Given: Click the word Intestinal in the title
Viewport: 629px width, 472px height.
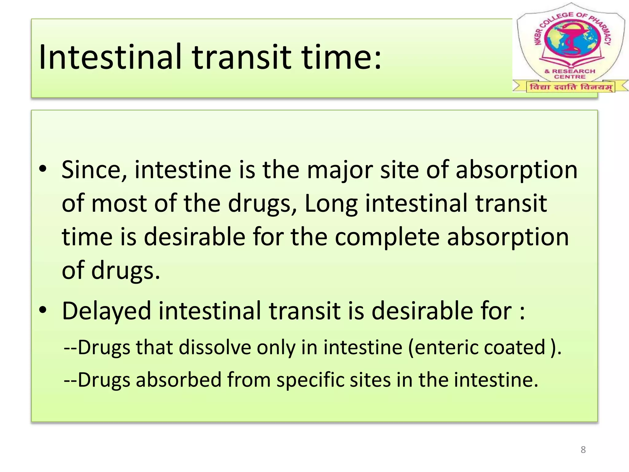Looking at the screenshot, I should [x=111, y=57].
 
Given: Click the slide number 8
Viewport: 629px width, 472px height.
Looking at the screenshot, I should [x=583, y=450].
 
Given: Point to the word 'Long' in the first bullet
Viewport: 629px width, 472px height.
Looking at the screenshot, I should [x=331, y=204].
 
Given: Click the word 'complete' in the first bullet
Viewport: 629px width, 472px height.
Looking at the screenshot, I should [x=387, y=238].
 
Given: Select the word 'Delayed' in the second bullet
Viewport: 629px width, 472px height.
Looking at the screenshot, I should [x=107, y=311].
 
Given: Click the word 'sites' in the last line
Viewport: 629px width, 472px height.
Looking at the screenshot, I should [x=370, y=380].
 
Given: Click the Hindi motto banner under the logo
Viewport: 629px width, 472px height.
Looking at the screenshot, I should [x=571, y=87].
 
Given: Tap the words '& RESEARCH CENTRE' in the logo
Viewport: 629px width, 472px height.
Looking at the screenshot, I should [x=570, y=74].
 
